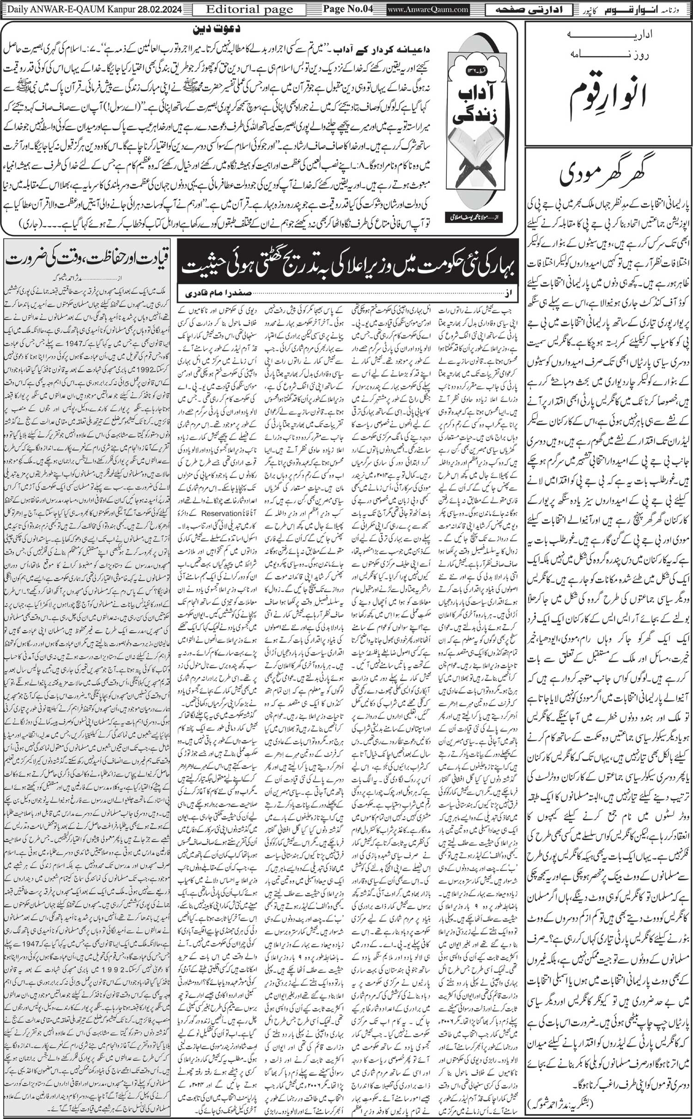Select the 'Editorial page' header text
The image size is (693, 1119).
[x=249, y=9]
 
